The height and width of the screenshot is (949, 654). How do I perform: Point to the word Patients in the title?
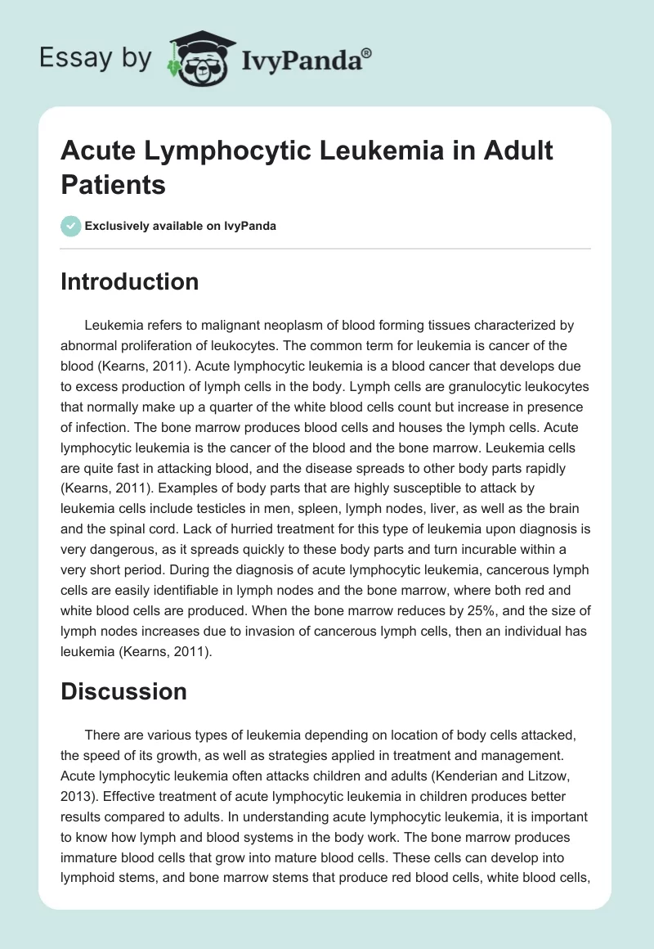[114, 184]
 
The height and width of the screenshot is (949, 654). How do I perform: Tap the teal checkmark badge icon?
[71, 226]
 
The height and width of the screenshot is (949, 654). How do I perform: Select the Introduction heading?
[130, 281]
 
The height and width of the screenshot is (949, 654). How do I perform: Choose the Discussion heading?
[124, 691]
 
